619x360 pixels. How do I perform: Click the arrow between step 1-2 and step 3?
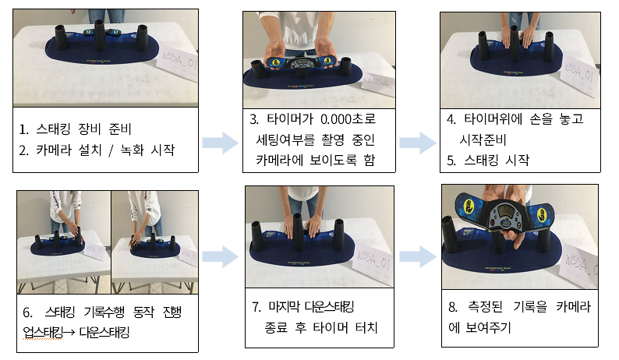(221, 143)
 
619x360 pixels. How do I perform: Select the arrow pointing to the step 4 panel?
(418, 143)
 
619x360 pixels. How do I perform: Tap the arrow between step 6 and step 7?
(221, 256)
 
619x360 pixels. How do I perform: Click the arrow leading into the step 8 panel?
(418, 256)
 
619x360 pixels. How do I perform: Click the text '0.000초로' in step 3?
(348, 118)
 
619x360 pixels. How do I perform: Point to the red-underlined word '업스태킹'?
(42, 333)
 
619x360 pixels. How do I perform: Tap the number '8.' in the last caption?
(453, 307)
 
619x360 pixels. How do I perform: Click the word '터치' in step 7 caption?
(366, 327)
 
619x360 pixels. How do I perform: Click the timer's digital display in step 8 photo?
(507, 211)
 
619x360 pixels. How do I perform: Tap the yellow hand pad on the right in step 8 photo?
(541, 215)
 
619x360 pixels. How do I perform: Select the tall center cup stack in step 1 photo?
(99, 36)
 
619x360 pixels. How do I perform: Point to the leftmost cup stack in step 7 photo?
(257, 235)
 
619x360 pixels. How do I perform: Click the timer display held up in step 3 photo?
(302, 64)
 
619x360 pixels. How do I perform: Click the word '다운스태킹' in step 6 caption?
(104, 333)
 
